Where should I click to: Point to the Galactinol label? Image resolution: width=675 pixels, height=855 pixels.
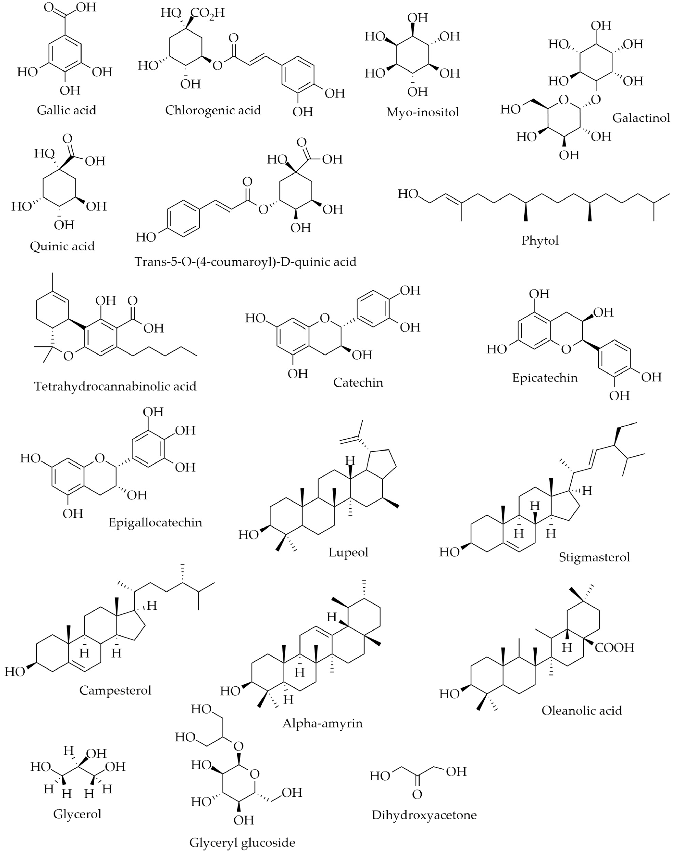(641, 118)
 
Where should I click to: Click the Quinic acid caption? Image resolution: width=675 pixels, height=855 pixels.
(62, 246)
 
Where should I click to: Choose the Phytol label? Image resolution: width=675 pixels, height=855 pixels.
(540, 241)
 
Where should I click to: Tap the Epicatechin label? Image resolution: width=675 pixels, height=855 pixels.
(545, 378)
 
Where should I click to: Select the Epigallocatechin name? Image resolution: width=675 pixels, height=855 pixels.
(155, 523)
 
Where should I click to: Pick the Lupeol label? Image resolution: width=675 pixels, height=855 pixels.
(348, 552)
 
